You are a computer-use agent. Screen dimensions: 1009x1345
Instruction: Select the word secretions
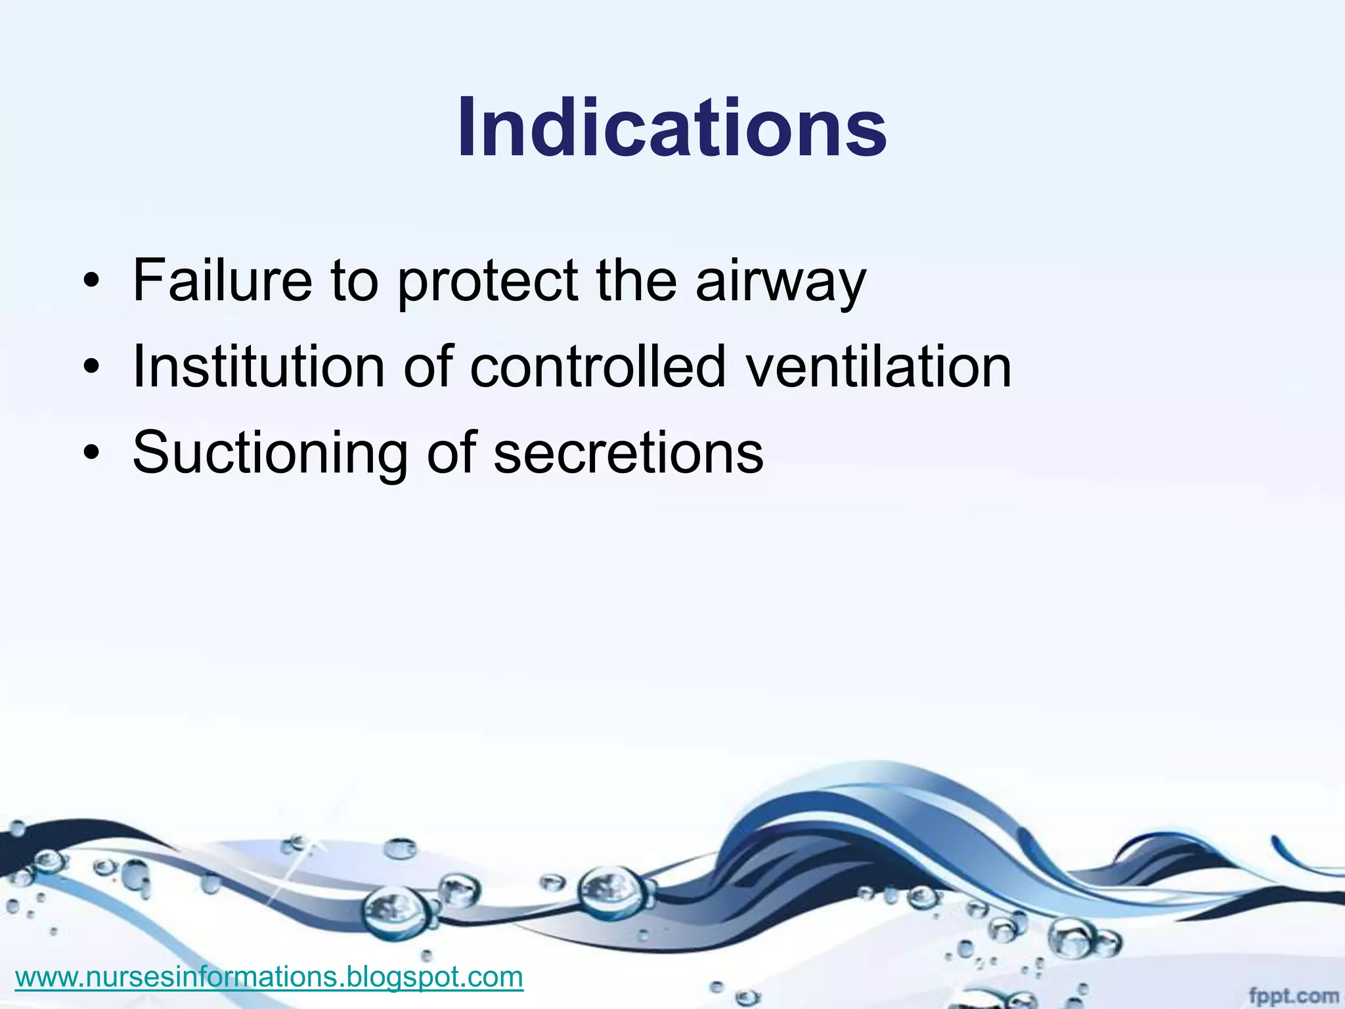628,453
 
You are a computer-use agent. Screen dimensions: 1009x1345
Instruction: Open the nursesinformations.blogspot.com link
269,977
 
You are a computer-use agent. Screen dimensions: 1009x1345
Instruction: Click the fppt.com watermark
1293,996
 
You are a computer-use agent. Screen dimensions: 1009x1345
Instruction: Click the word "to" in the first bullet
355,282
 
